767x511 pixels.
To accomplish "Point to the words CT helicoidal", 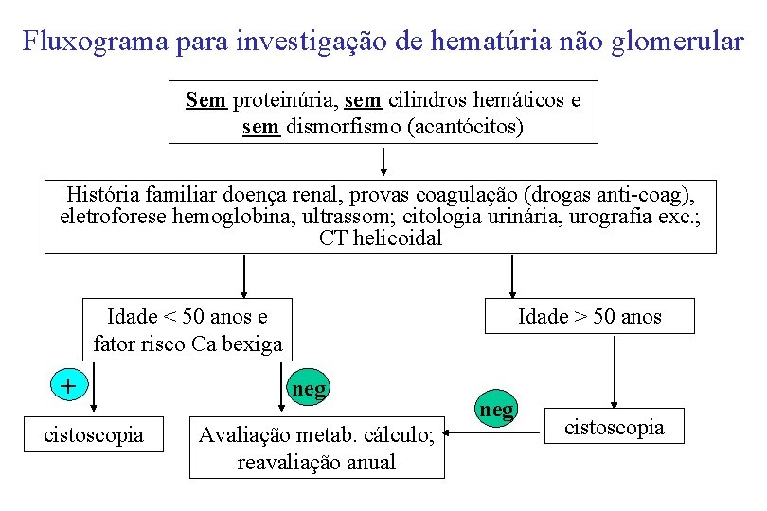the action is [x=381, y=238].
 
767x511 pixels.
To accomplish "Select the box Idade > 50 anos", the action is [x=589, y=316].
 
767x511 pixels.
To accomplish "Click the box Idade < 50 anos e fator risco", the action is [x=187, y=329].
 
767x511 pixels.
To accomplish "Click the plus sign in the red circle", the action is [x=67, y=385].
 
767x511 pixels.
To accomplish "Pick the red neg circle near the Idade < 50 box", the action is [x=309, y=388].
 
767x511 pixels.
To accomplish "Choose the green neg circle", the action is [x=496, y=410].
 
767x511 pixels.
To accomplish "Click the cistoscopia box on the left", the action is [x=94, y=434].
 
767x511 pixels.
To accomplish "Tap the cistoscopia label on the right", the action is [x=614, y=427].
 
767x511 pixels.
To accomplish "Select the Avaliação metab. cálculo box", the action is [x=316, y=448].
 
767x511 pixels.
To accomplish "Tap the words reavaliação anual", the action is [x=316, y=462].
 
